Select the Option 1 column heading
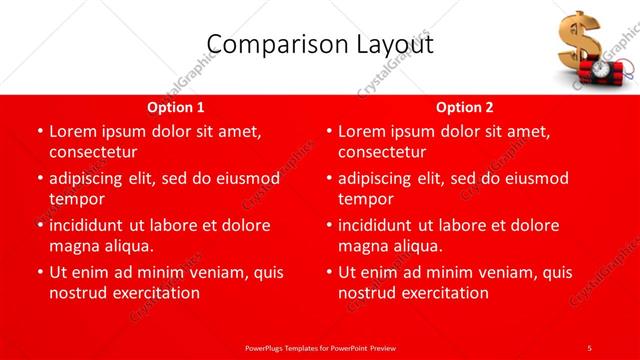[x=176, y=107]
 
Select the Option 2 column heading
[x=465, y=107]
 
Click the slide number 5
[x=589, y=347]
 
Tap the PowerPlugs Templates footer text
[x=320, y=347]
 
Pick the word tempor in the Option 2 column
[x=366, y=199]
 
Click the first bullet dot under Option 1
[x=39, y=132]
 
